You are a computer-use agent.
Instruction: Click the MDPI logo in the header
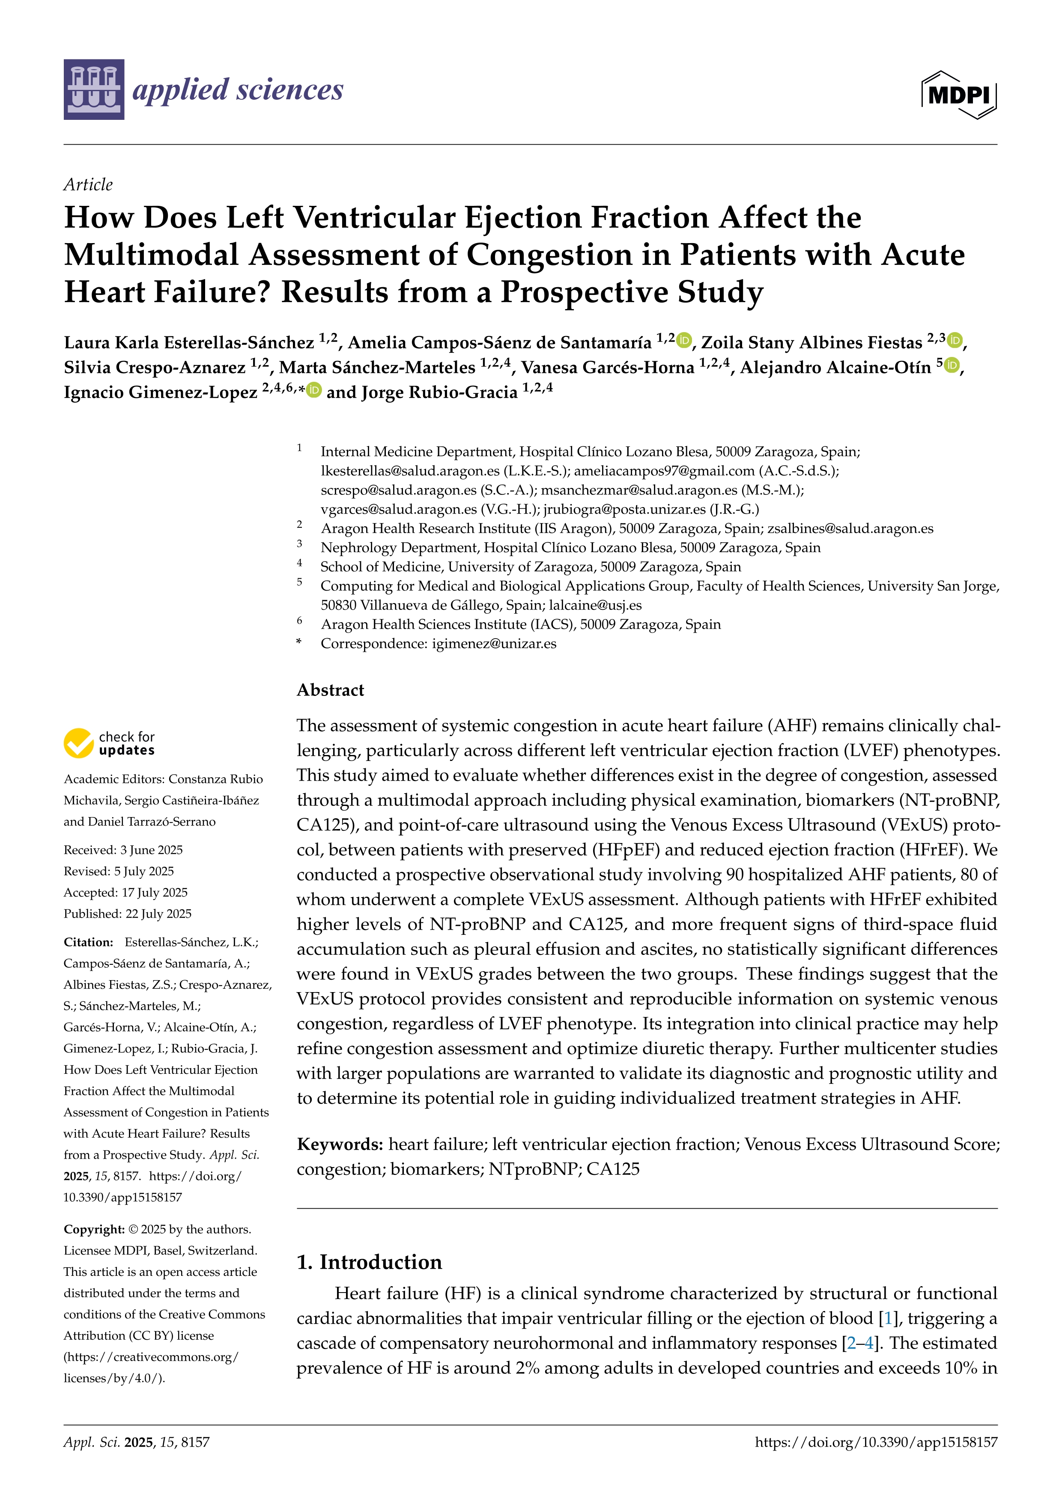[959, 95]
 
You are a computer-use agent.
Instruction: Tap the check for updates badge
[109, 743]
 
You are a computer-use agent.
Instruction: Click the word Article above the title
[88, 184]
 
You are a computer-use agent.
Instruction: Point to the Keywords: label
[340, 1144]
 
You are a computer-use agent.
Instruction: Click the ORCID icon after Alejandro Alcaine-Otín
[952, 366]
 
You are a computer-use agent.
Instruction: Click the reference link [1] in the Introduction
[887, 1319]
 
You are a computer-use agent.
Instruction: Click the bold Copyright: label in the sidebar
[94, 1229]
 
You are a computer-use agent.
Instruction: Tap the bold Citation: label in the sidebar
[89, 942]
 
